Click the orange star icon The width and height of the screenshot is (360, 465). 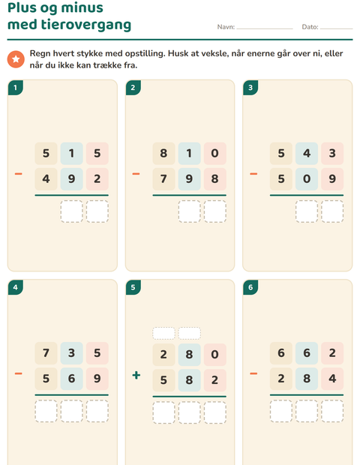tap(16, 59)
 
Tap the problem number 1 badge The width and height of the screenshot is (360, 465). tap(16, 88)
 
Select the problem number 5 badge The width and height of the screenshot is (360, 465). tap(133, 287)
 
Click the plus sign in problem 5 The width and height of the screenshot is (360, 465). tap(136, 375)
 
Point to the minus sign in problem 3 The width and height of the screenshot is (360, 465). tap(253, 173)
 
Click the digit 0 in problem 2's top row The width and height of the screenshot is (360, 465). tap(214, 153)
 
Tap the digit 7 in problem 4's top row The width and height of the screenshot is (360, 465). tap(46, 353)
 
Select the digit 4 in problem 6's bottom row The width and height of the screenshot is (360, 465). tap(332, 379)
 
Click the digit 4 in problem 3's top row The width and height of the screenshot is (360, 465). tap(307, 153)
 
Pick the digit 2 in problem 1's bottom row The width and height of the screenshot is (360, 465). tap(97, 178)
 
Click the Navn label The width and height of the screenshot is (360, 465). tap(226, 27)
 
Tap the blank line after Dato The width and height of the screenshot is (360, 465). tap(337, 28)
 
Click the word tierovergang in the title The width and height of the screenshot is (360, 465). tap(86, 25)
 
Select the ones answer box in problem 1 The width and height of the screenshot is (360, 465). tap(97, 211)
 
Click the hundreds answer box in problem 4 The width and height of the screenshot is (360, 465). tap(46, 411)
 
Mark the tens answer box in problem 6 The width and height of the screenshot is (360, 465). tap(307, 411)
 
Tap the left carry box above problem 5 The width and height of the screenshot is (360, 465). tap(163, 333)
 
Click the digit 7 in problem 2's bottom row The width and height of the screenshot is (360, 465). tap(163, 178)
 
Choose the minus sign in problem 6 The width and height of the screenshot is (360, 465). tap(253, 373)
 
